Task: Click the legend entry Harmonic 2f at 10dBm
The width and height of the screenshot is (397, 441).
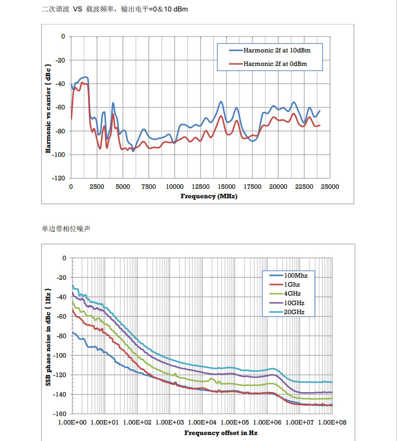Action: click(274, 50)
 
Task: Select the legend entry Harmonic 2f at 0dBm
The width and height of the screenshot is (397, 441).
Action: click(274, 63)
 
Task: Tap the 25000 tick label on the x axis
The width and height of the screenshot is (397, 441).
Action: click(329, 186)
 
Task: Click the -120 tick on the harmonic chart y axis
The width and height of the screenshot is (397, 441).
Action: click(59, 178)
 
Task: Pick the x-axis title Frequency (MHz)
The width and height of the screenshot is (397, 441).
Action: click(208, 196)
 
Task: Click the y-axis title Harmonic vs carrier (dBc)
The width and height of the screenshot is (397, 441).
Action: click(48, 108)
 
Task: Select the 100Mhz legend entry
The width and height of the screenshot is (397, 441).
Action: click(295, 276)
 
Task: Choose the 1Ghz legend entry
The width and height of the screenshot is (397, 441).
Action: click(292, 285)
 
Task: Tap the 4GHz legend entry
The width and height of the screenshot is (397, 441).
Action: click(292, 294)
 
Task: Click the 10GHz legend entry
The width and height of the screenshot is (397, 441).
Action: click(294, 303)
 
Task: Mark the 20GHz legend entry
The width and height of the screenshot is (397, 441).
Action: click(294, 312)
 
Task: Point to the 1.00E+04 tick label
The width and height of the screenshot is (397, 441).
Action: click(202, 423)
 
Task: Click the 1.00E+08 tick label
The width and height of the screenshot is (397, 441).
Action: click(332, 423)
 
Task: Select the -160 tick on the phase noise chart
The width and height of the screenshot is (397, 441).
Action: click(59, 414)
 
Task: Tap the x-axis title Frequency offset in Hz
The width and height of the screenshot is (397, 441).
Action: click(220, 433)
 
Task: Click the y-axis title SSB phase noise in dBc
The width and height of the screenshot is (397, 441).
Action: click(48, 336)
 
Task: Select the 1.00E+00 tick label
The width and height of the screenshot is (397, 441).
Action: click(72, 423)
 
